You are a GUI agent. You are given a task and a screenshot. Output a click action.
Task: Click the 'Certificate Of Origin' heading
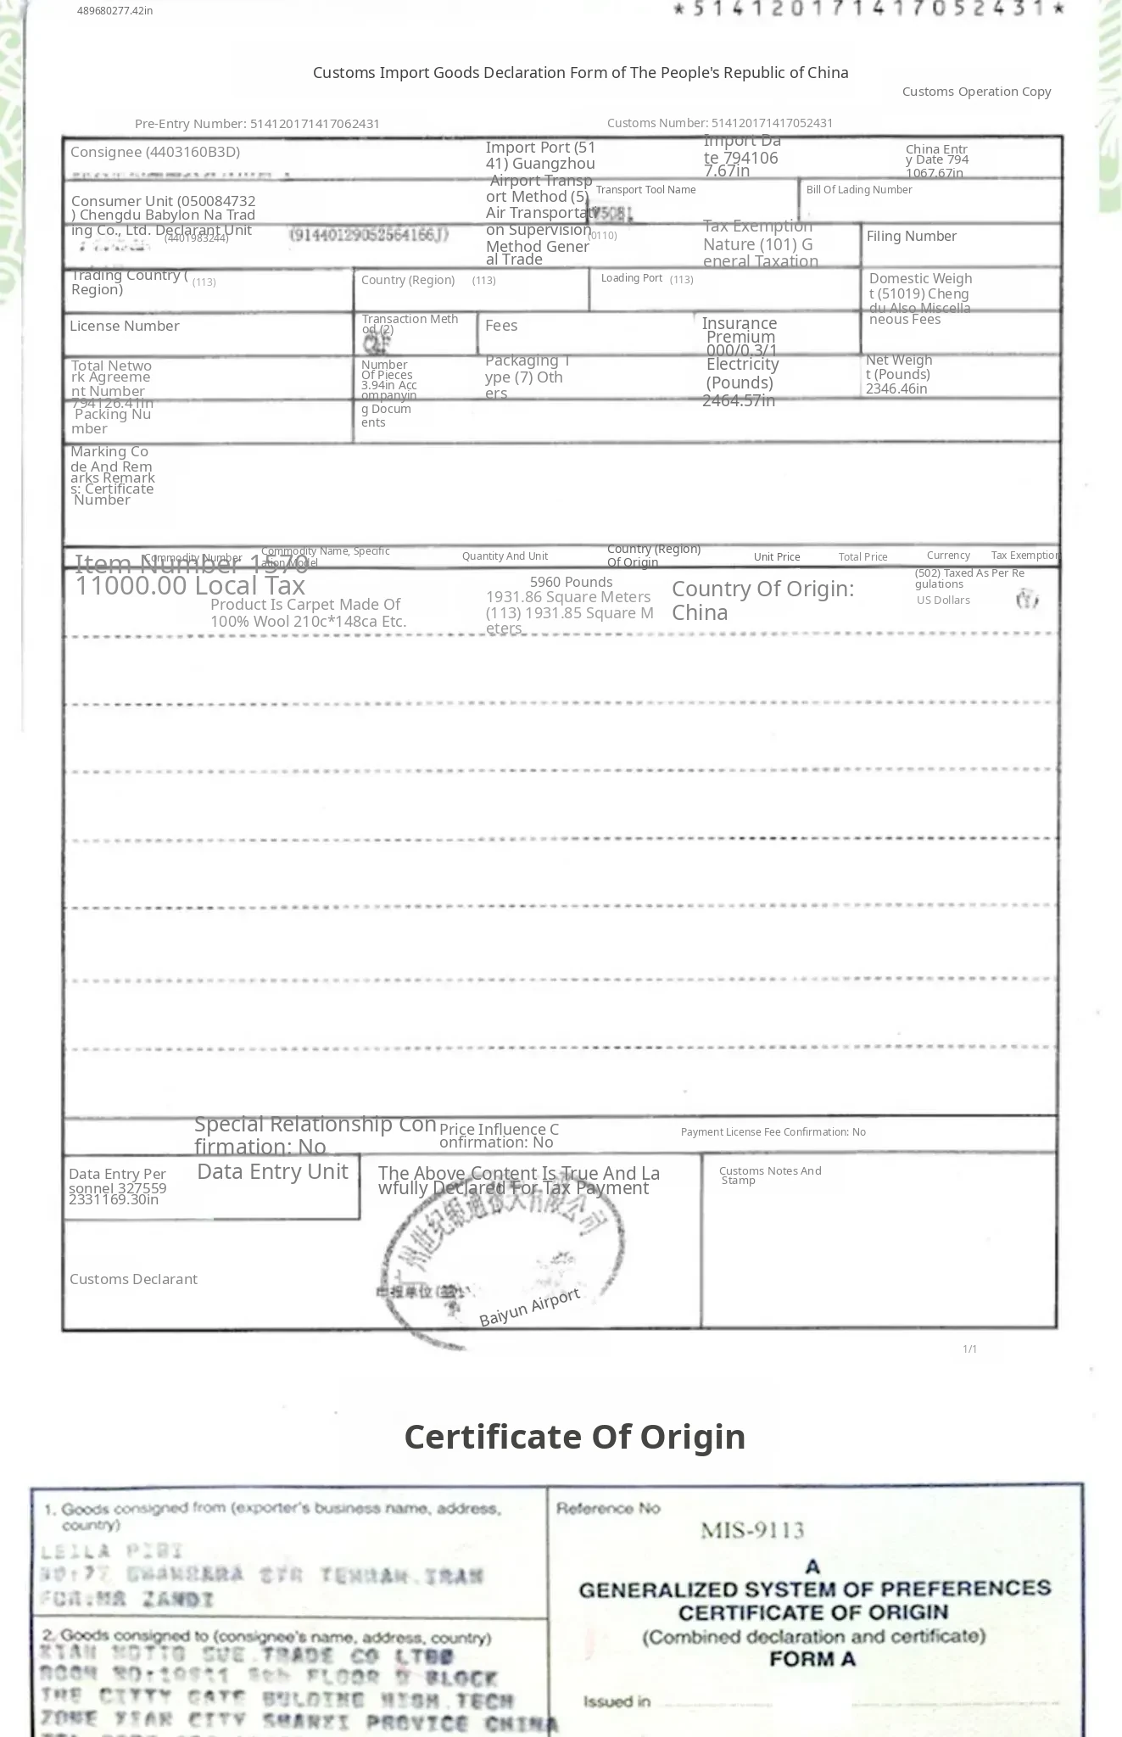click(x=574, y=1437)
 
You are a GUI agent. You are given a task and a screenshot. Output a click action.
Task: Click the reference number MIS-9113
click(x=752, y=1531)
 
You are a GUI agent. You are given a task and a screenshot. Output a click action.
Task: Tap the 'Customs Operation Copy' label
click(x=976, y=92)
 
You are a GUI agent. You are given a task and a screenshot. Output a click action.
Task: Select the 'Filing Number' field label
click(x=911, y=237)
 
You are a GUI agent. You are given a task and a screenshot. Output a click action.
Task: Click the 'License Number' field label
click(x=125, y=326)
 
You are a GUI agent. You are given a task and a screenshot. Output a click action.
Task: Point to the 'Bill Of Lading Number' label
click(x=859, y=190)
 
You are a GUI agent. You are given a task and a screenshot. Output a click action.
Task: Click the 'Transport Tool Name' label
click(x=645, y=190)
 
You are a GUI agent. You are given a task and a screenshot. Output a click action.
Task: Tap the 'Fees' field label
click(x=501, y=326)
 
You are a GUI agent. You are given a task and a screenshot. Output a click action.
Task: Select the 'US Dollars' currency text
click(x=943, y=600)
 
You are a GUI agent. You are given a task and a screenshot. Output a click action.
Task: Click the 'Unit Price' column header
click(x=777, y=557)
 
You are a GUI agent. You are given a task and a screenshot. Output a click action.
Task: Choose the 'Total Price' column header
click(x=862, y=557)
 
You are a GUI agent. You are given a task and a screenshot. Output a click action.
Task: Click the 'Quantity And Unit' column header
click(x=505, y=556)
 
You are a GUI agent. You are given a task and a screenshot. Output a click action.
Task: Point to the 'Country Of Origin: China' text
click(x=762, y=600)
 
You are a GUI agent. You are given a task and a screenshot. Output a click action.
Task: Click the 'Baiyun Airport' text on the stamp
click(x=530, y=1307)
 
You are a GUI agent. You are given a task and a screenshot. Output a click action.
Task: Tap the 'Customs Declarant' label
click(x=133, y=1279)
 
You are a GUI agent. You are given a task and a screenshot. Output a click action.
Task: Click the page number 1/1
click(x=970, y=1349)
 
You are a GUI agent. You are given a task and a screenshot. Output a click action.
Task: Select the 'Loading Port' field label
click(x=632, y=278)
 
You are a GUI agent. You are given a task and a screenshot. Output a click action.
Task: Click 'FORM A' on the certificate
click(x=812, y=1659)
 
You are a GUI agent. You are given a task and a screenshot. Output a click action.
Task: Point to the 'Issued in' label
click(x=617, y=1701)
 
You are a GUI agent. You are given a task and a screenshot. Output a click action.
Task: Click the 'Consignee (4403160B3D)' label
click(x=155, y=153)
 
